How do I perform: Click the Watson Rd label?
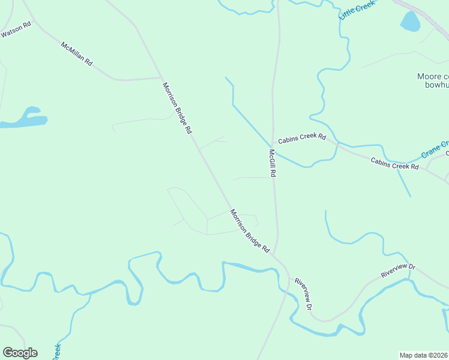click(16, 30)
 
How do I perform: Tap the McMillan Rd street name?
click(76, 53)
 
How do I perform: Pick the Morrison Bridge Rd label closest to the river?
click(250, 230)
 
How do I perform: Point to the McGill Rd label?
click(272, 163)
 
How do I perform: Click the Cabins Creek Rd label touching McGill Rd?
click(301, 137)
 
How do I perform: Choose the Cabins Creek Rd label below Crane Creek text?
click(394, 163)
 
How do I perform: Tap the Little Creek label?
click(356, 10)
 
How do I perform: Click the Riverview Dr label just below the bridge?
click(303, 294)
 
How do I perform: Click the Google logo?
click(20, 353)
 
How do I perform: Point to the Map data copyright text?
click(424, 355)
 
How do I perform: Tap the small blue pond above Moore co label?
click(410, 22)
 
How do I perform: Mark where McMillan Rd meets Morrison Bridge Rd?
click(161, 77)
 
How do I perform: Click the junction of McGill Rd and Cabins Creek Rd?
click(273, 142)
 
